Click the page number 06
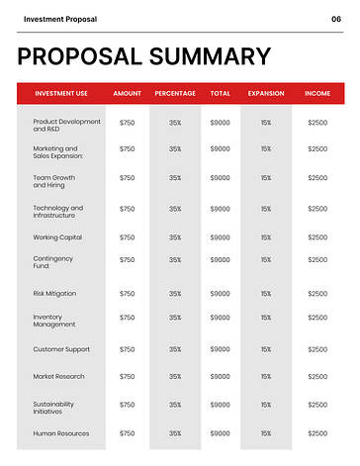coord(336,19)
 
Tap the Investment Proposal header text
coord(60,19)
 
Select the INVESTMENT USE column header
coord(61,94)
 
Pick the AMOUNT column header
coord(128,94)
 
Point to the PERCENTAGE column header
coord(175,94)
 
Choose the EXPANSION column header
coord(265,94)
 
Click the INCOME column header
coord(317,94)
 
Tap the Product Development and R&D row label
coord(66,126)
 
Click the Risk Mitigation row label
coord(54,294)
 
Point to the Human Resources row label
coord(61,434)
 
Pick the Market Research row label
coord(59,377)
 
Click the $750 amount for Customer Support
coord(127,349)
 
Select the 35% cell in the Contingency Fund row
coord(175,260)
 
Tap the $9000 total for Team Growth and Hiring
coord(220,179)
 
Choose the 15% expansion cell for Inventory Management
coord(265,318)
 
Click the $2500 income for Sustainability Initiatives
coord(317,405)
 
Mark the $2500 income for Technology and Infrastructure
coord(317,209)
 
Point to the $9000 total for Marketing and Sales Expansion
coord(220,149)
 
